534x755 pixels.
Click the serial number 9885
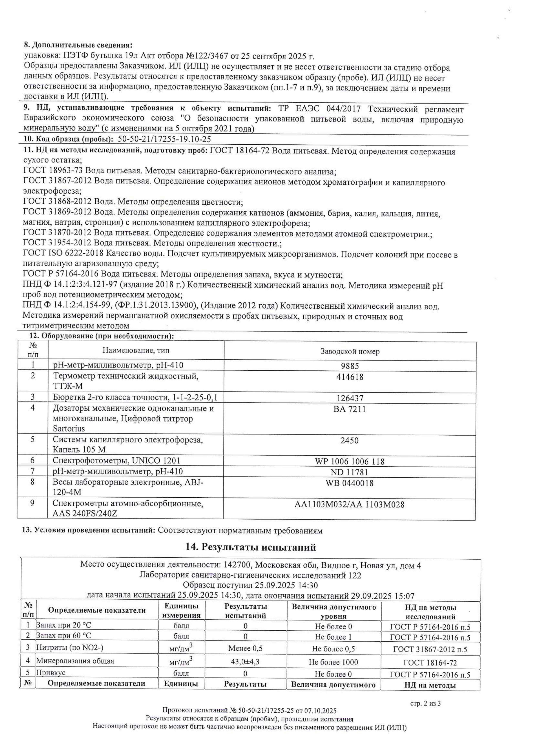pos(350,366)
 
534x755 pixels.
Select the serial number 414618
pos(350,377)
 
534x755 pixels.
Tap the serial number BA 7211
pos(349,409)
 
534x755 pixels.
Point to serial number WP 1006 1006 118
pos(349,461)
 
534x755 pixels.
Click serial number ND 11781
pos(349,472)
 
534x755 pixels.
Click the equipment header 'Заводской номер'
pos(350,351)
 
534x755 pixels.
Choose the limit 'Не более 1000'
pos(333,662)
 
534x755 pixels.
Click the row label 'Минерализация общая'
pos(75,661)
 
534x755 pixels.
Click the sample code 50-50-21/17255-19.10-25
pos(165,139)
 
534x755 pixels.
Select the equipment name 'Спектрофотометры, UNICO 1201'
pos(116,461)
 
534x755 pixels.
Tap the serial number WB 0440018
pos(349,483)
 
